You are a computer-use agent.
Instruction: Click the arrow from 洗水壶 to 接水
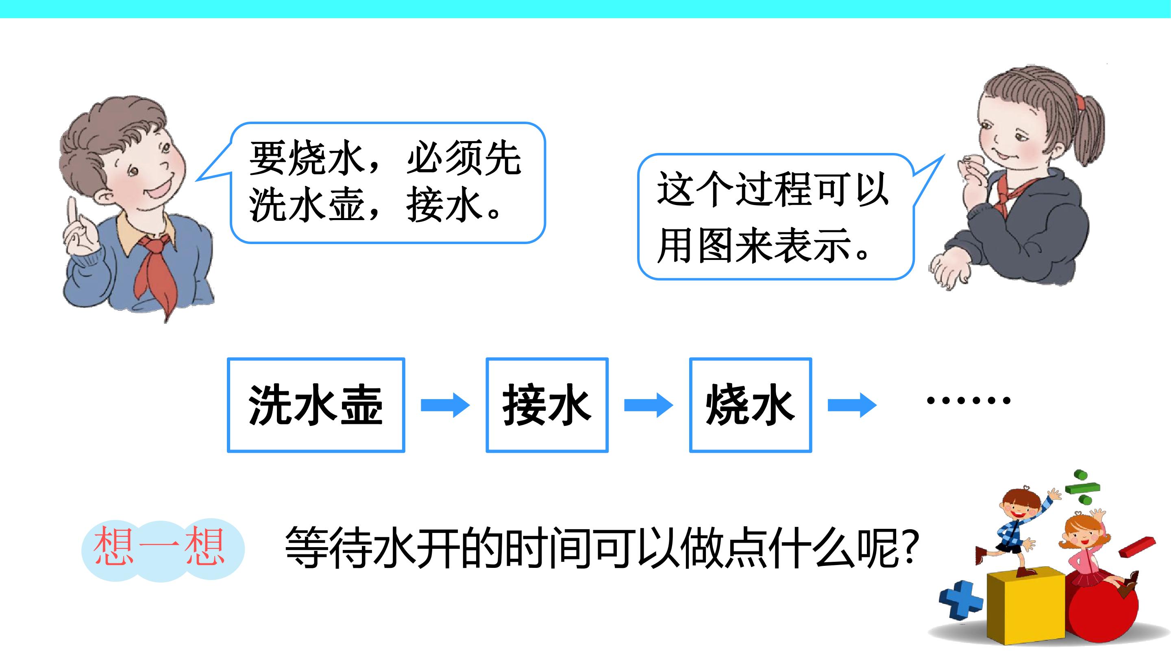[x=445, y=405]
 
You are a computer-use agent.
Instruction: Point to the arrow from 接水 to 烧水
[x=649, y=405]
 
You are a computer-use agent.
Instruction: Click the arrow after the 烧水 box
[x=852, y=405]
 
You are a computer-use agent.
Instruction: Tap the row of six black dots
[x=968, y=400]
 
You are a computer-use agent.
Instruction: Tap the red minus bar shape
[x=1136, y=547]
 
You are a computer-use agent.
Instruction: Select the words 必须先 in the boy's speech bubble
[x=464, y=158]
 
